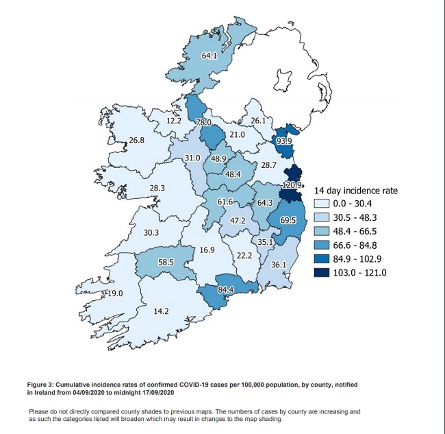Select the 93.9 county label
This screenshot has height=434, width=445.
point(284,141)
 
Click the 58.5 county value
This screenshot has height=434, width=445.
point(166,262)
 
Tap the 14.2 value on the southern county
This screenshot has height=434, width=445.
point(161,311)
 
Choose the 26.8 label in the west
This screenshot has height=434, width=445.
point(136,141)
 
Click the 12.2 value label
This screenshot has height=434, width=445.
point(174,121)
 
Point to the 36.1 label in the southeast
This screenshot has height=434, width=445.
point(279,265)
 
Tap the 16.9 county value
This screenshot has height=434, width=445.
point(207,250)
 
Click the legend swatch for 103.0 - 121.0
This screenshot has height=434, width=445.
point(320,272)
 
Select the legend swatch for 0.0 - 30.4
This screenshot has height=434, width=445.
point(320,204)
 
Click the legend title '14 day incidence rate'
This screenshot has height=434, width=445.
point(355,190)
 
